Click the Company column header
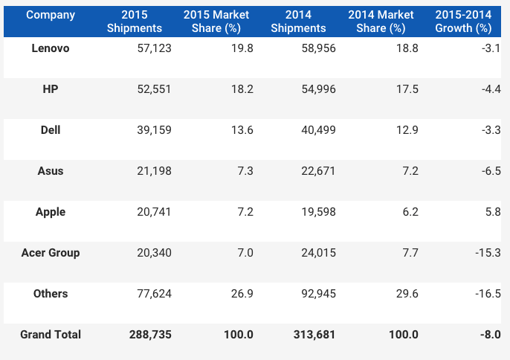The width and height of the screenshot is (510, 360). point(51,15)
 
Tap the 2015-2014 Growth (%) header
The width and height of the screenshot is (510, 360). point(464,22)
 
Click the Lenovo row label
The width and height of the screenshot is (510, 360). point(51,48)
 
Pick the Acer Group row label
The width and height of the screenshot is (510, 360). point(51,253)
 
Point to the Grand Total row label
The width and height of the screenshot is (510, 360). point(51,335)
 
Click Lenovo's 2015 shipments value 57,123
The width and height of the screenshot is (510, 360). point(155,48)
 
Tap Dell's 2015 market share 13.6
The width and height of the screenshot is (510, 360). point(242,130)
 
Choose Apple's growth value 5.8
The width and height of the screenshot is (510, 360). point(492,212)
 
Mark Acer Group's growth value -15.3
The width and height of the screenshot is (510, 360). point(487,253)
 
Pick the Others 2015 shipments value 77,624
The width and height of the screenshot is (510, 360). point(155,294)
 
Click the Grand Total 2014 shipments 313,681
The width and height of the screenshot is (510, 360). point(315,335)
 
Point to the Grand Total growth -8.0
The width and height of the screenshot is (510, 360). point(489,335)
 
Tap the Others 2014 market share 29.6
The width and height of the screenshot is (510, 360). point(407,294)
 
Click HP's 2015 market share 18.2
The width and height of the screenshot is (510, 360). point(242,89)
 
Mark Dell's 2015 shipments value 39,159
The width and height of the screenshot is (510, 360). point(155,130)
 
